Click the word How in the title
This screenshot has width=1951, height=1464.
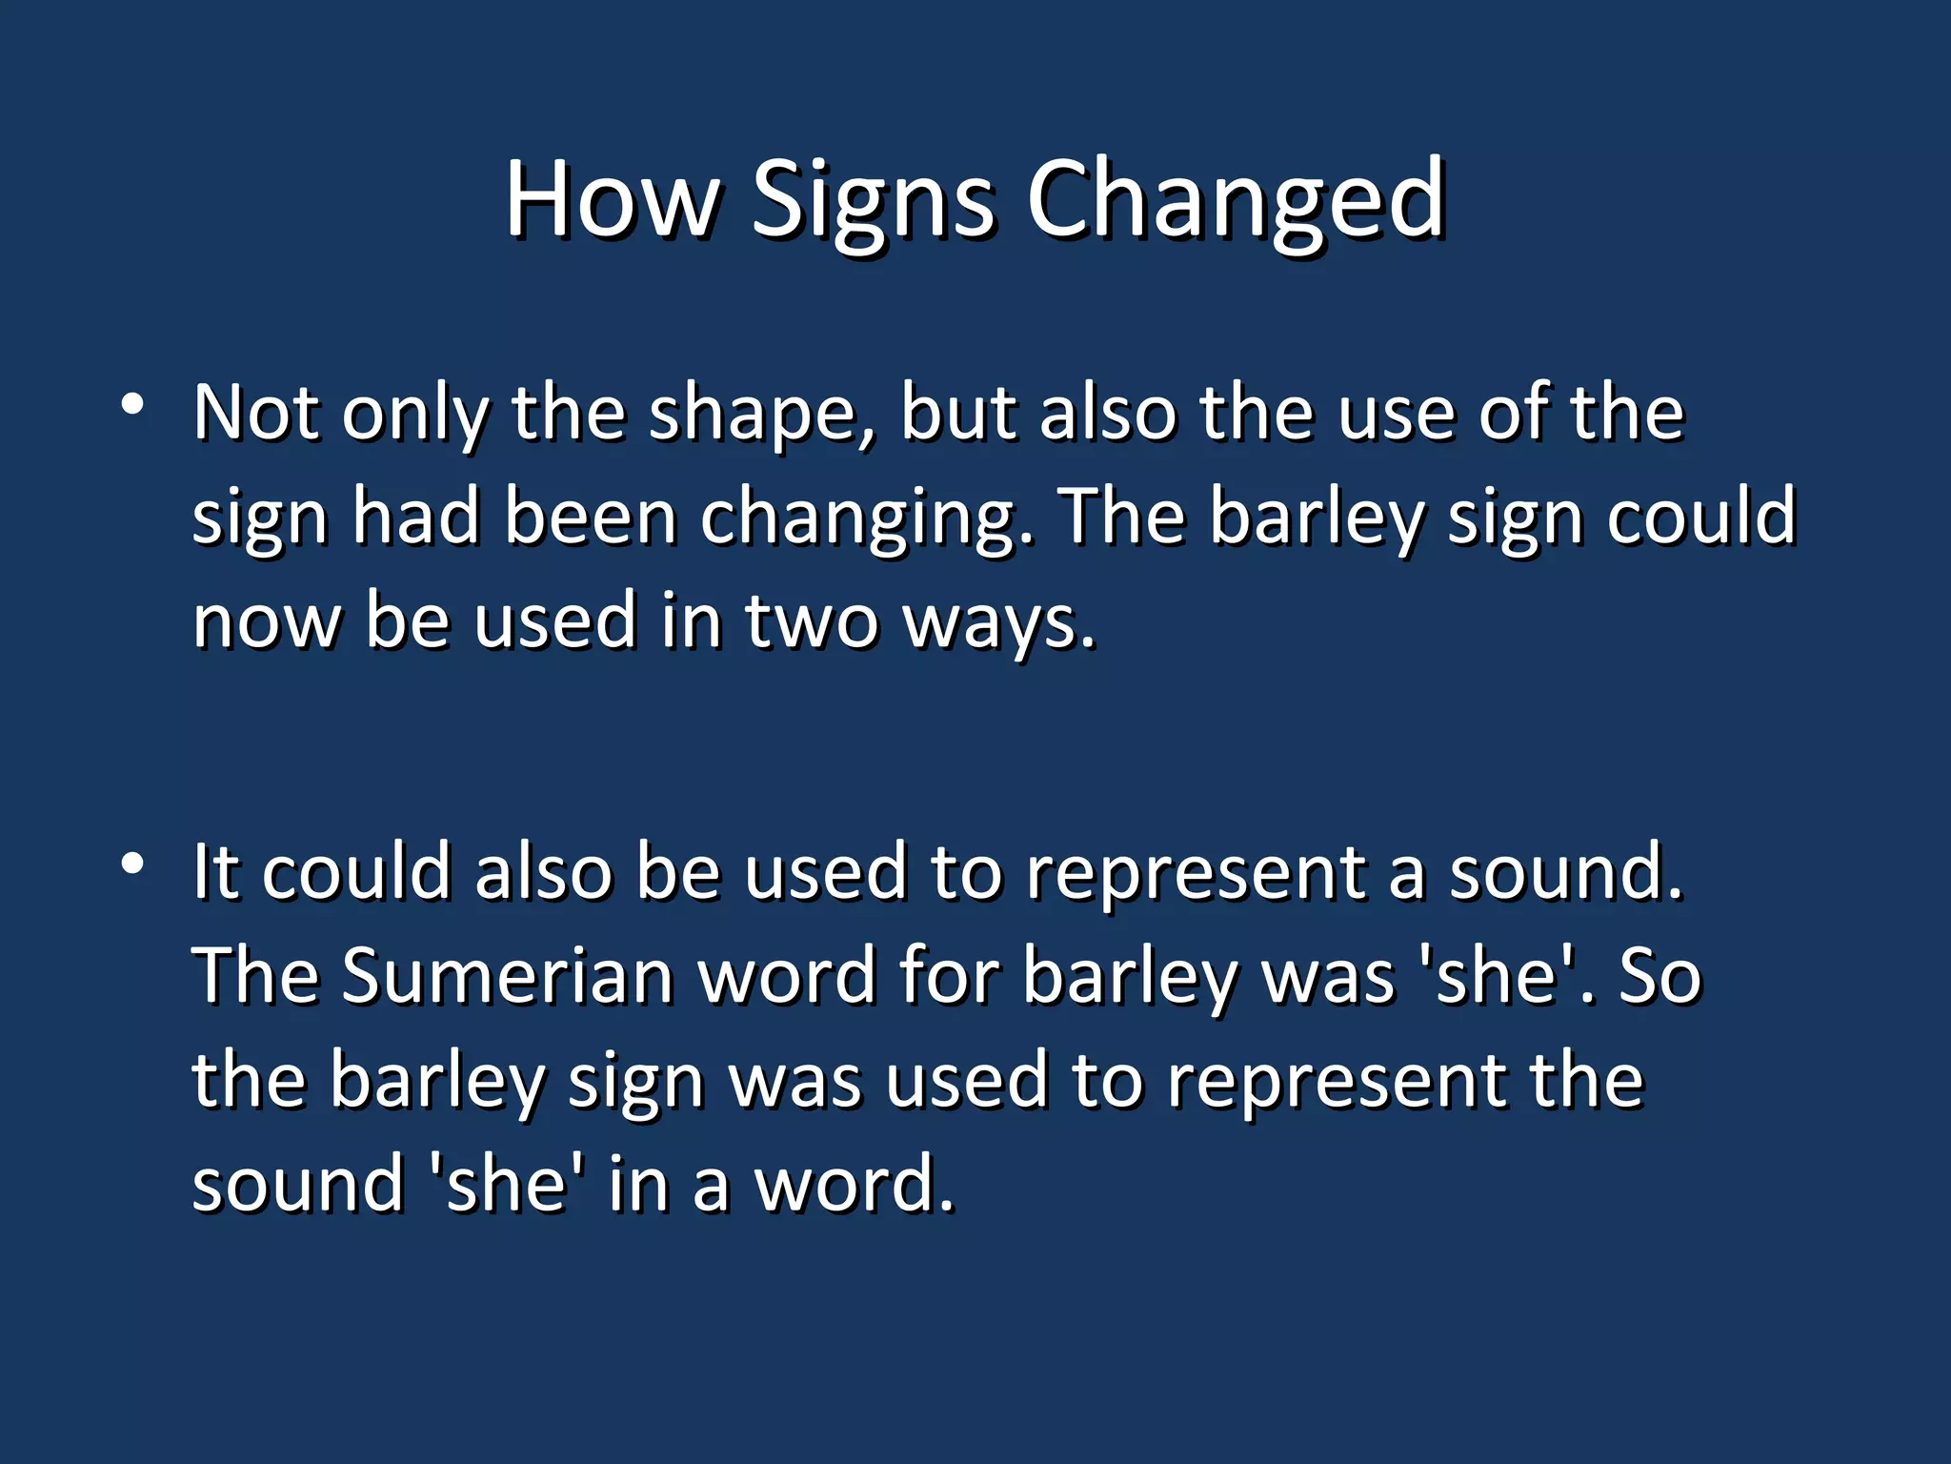pos(611,200)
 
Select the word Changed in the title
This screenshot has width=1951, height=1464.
pos(1236,202)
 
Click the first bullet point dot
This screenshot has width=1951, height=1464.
pos(132,404)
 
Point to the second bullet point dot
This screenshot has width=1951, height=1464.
pos(132,864)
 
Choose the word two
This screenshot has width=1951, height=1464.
pos(811,620)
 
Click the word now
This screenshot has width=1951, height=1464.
pos(266,621)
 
